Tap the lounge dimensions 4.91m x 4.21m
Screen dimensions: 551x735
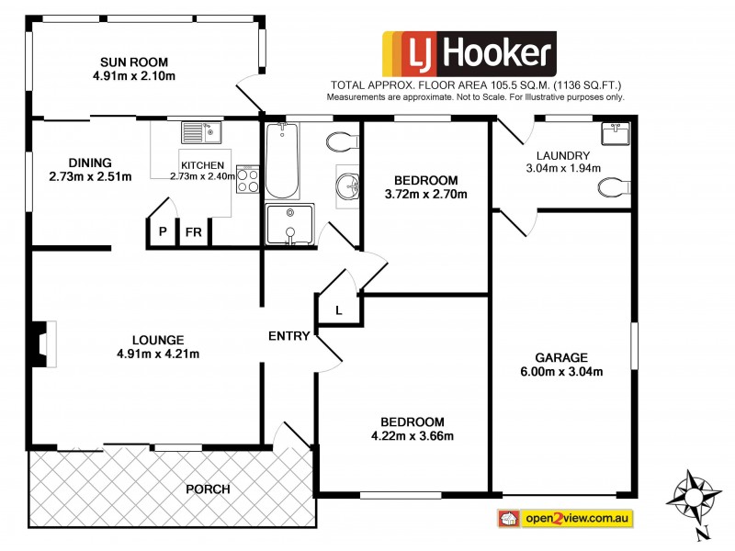[158, 354]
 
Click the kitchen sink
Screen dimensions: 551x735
[201, 134]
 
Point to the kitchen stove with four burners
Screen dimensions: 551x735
[248, 178]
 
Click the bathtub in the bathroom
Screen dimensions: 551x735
[281, 162]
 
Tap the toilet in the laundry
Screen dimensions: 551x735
[612, 188]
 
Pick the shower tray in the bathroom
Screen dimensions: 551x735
[290, 225]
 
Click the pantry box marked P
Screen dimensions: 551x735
[162, 232]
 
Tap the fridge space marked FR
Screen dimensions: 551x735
[194, 232]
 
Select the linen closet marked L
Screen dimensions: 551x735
[338, 310]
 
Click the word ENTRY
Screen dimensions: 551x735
[288, 336]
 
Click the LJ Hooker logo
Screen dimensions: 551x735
[469, 55]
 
